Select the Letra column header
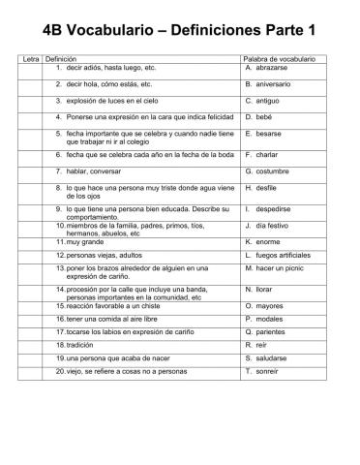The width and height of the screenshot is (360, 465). pyautogui.click(x=30, y=59)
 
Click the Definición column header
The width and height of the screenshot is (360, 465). pyautogui.click(x=64, y=59)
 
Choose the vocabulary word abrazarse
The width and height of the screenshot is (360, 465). pyautogui.click(x=274, y=69)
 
